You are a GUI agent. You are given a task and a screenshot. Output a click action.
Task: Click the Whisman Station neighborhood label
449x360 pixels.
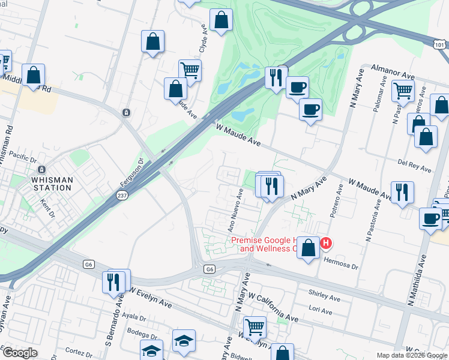coord(52,184)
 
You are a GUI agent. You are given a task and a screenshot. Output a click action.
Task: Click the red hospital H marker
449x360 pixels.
coord(325,243)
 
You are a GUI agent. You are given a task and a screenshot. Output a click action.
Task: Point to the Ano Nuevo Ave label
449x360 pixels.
coord(235,211)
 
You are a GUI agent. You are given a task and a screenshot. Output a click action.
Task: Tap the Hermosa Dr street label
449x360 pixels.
coord(340,261)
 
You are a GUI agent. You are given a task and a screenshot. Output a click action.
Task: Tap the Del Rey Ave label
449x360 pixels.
coord(415,166)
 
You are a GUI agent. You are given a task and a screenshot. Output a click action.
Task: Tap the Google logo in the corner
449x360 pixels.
coord(19,352)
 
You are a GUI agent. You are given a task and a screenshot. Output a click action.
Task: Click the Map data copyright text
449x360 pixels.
coord(411,355)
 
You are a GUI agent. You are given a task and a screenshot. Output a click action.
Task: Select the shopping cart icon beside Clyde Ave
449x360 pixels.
coord(190,70)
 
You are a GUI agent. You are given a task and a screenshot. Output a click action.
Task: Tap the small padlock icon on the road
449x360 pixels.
coord(126,112)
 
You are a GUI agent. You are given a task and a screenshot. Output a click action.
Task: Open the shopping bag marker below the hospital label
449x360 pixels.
coord(309,248)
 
